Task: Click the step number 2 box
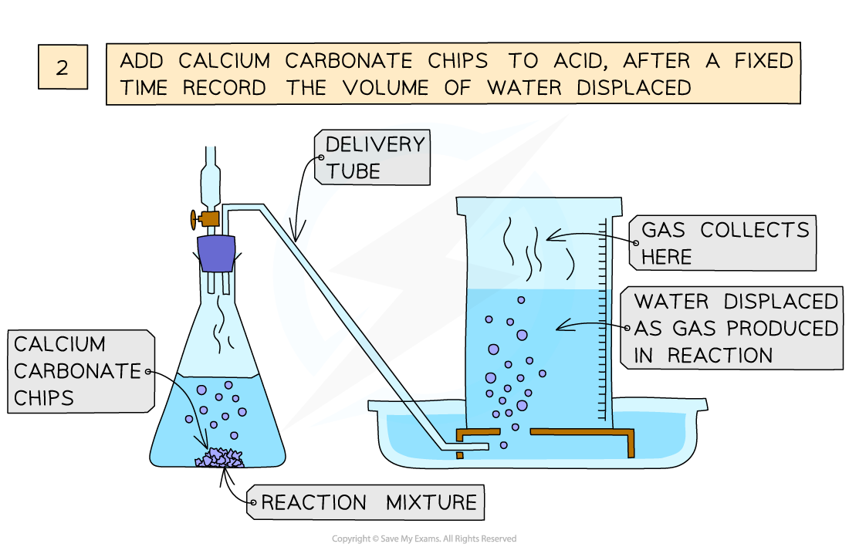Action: coord(62,67)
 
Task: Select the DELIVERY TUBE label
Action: coord(374,157)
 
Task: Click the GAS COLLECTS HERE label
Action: coord(724,243)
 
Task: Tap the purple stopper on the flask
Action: coord(216,254)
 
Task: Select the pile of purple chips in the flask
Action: coord(220,458)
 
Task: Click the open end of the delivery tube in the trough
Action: coord(483,446)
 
